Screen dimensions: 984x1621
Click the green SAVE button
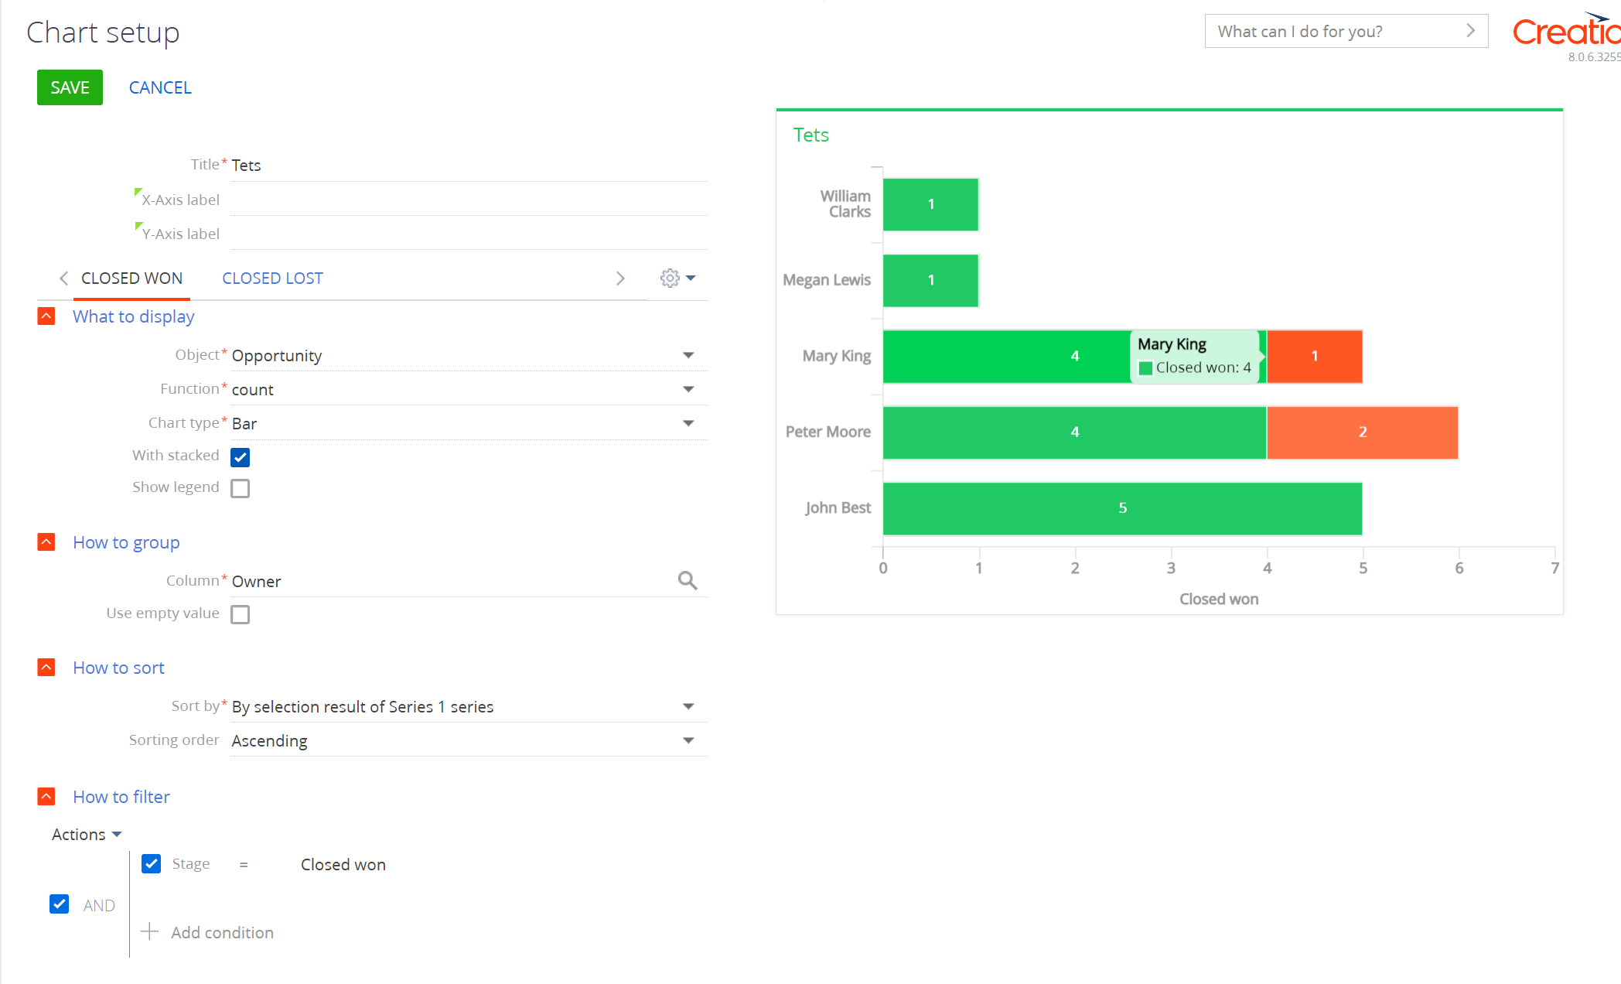tap(70, 87)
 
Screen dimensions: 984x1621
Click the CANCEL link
tap(160, 87)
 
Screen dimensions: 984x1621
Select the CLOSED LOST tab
tap(272, 278)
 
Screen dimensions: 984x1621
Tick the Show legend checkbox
tap(241, 488)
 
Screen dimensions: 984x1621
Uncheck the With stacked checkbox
tap(241, 456)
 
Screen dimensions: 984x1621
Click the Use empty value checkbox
tap(241, 614)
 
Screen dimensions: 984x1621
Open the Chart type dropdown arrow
tap(688, 423)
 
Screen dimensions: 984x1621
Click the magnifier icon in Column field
tap(687, 580)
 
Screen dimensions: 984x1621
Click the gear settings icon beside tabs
tap(670, 278)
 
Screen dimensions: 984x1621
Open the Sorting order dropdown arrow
tap(688, 740)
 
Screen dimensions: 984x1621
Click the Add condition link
tap(222, 932)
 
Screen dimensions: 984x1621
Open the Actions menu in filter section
tap(87, 834)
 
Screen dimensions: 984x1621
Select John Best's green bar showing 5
tap(1121, 508)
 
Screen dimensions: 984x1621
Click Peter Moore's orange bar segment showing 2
tap(1362, 432)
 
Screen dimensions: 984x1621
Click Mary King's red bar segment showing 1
tap(1314, 357)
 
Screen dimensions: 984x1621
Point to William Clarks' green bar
tap(930, 204)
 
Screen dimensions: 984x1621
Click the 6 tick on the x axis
tap(1459, 568)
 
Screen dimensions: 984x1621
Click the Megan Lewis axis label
tap(826, 280)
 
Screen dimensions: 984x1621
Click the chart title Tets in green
tap(810, 135)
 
